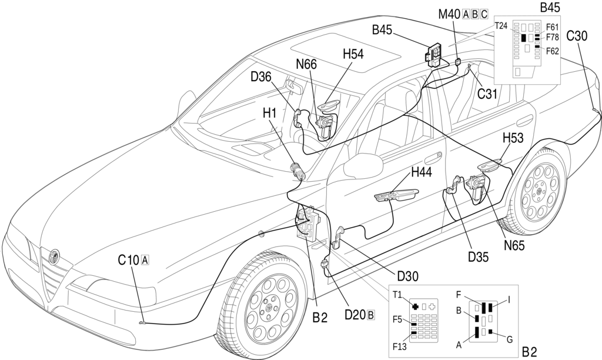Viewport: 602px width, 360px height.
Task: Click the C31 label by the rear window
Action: click(487, 93)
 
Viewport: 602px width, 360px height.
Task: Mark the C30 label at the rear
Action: click(577, 35)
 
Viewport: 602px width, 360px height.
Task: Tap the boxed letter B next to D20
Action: click(370, 314)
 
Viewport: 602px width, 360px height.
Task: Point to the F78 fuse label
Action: click(553, 37)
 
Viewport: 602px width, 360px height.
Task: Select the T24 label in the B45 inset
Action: click(501, 26)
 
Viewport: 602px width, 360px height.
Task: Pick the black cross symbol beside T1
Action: click(415, 306)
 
